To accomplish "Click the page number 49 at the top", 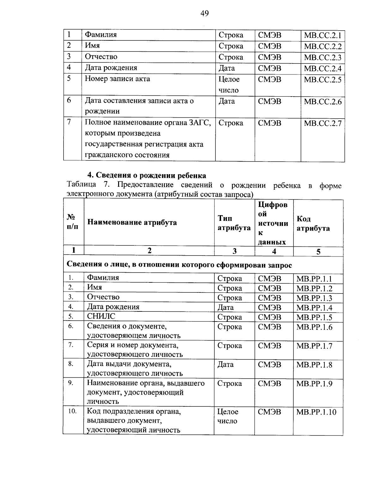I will [x=204, y=13].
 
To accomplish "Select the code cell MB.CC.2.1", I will [x=322, y=35].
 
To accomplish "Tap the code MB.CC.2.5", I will [x=322, y=80].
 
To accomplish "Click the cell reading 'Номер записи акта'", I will [x=117, y=79].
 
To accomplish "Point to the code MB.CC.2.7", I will [x=322, y=123].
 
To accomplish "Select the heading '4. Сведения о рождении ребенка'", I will [x=147, y=175].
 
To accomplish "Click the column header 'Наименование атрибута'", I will [x=132, y=222].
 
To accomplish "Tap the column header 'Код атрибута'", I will [x=313, y=223].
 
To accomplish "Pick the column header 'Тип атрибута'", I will [x=234, y=223].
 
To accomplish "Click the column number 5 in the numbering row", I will [x=318, y=251].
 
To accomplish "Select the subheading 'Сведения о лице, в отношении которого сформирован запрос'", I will [x=179, y=265].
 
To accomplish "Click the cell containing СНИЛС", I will [x=101, y=316].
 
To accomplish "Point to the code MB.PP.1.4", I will [x=314, y=308].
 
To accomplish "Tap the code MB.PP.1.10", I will [x=316, y=412].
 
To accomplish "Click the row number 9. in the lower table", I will [x=71, y=383].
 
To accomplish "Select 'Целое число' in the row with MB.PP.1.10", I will [x=228, y=416].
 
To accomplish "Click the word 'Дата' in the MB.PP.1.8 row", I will [x=226, y=364].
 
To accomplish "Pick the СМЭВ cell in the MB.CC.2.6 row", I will [x=269, y=101].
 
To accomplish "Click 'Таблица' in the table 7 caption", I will [x=81, y=185].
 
